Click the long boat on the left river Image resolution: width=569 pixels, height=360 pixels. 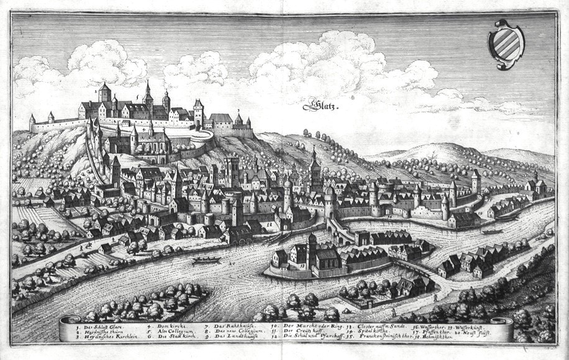pos(206,259)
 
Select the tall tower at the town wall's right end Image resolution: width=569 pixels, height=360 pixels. pos(475,181)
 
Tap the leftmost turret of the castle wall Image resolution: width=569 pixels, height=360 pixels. pos(32,122)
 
